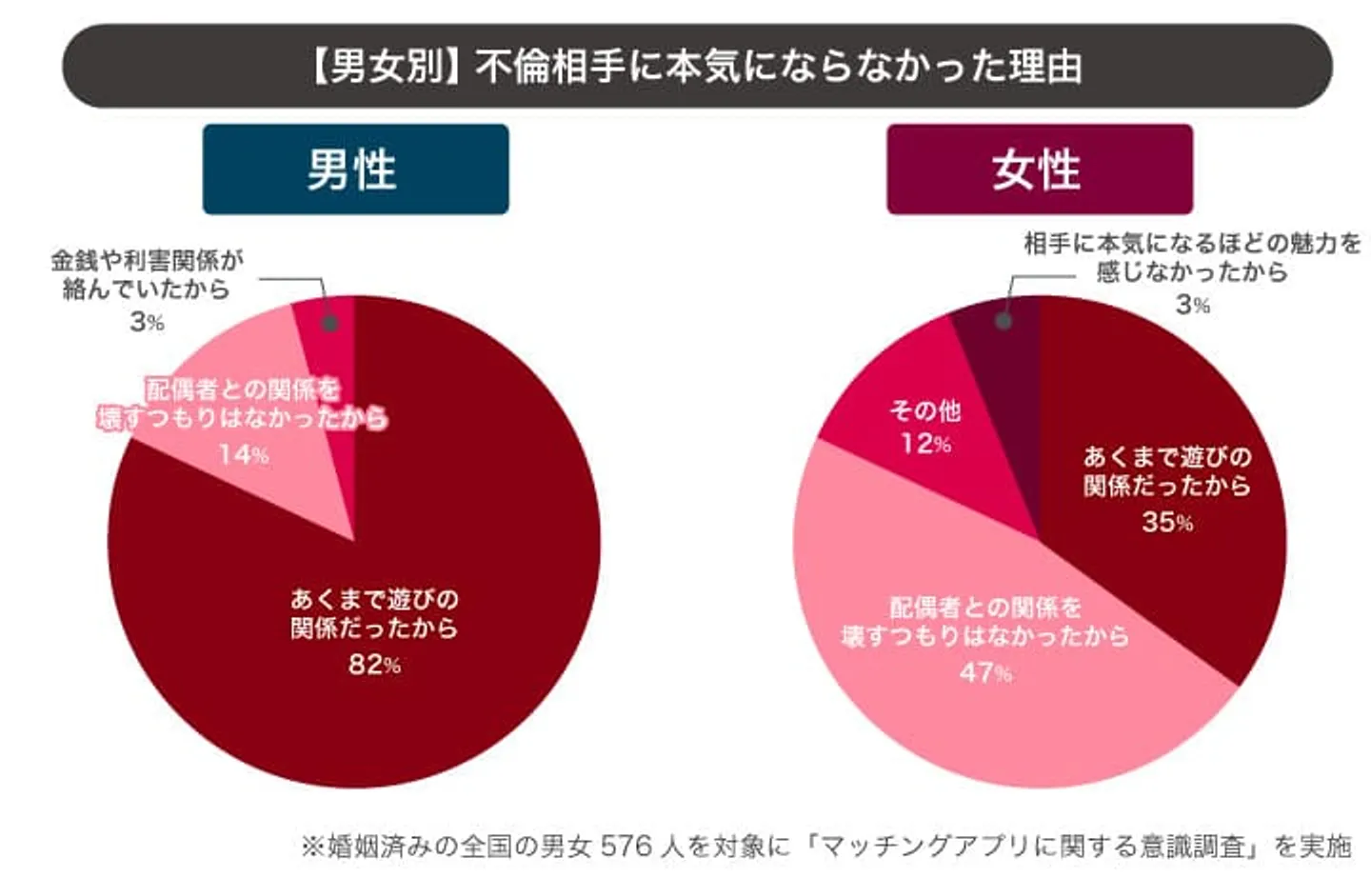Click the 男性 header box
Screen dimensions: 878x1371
coord(355,170)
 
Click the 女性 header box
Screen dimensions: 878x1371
coord(1039,170)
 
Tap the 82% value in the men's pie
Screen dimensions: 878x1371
coord(373,664)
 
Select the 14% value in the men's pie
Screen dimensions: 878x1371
coord(243,454)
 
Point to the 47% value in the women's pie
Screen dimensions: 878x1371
coord(985,672)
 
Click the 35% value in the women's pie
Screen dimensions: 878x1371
coord(1167,522)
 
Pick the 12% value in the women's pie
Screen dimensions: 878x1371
coord(925,443)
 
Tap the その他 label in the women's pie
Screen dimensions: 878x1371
coord(925,411)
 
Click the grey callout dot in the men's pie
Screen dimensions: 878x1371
coord(329,323)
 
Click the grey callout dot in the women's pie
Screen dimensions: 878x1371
coord(1003,321)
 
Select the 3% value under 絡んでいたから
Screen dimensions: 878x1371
coord(147,322)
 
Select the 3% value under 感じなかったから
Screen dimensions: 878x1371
coord(1192,305)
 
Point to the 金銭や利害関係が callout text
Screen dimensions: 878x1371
coord(148,259)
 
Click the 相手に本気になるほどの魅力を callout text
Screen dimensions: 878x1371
coord(1192,244)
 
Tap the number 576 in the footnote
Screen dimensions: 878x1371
coord(626,846)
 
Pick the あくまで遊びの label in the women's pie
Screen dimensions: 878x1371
coord(1167,457)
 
